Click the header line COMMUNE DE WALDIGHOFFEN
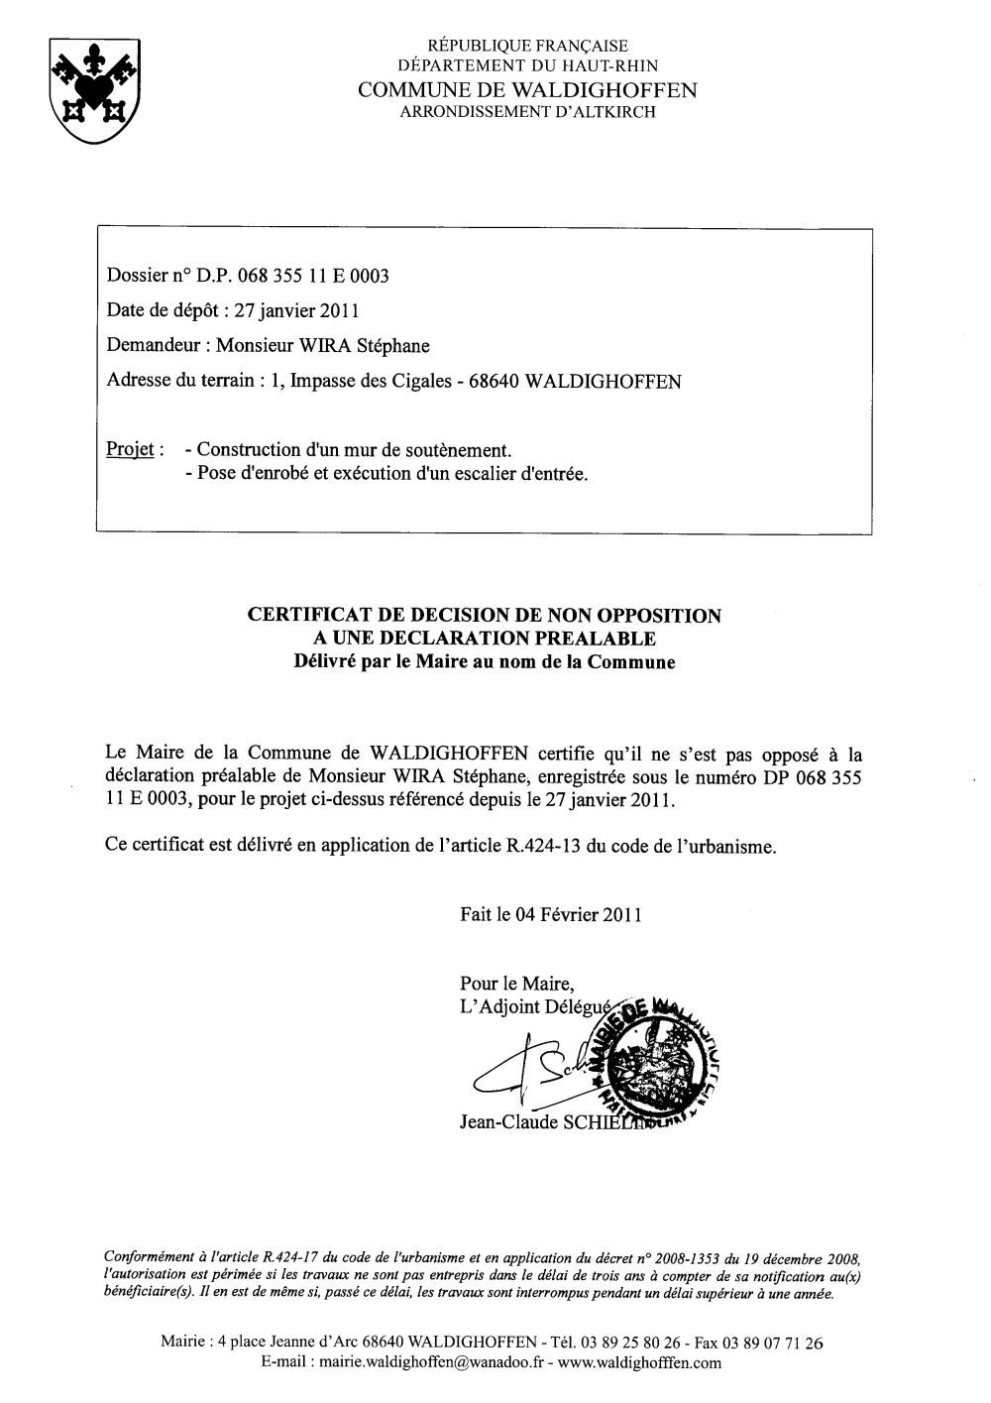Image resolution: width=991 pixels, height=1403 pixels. (x=527, y=90)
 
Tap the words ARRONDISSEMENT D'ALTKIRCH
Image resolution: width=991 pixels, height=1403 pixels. (x=527, y=113)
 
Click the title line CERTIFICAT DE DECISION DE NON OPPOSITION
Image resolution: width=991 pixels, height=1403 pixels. (x=484, y=616)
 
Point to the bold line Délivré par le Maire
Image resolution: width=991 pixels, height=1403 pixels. (x=484, y=662)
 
